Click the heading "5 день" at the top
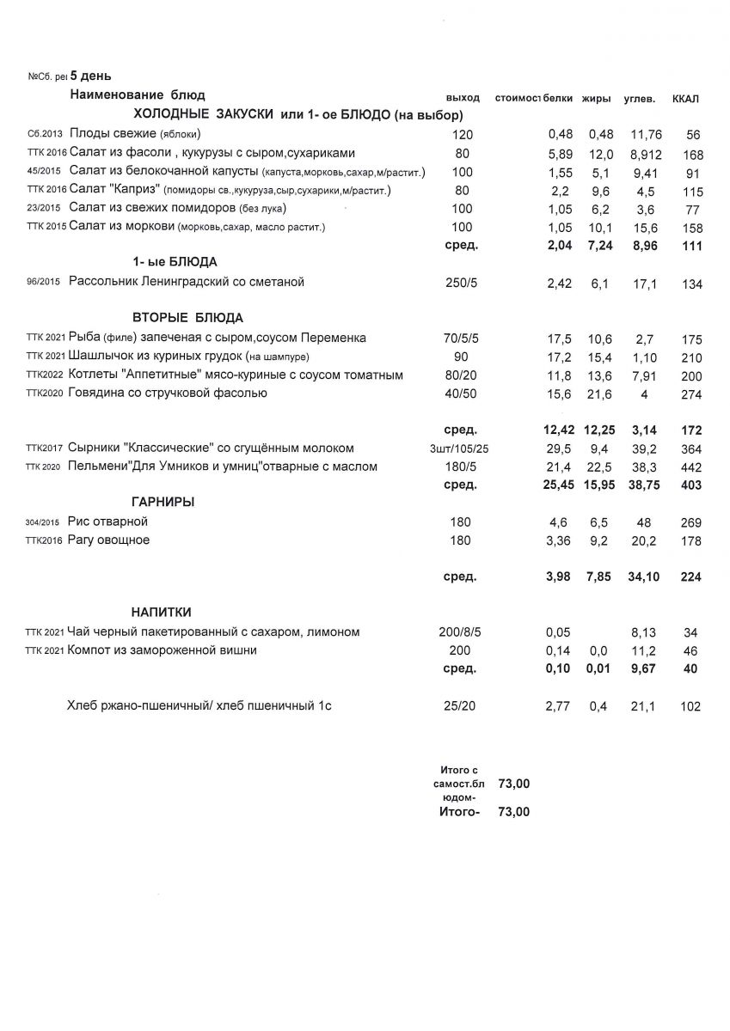tap(84, 76)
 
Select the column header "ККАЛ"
tap(685, 99)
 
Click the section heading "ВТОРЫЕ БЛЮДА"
tap(188, 317)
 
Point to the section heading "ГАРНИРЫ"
tap(163, 502)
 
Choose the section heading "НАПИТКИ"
tap(162, 612)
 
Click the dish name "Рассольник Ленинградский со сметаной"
tap(187, 282)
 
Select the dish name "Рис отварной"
tap(108, 522)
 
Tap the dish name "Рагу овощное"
tap(109, 540)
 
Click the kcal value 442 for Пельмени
tap(692, 467)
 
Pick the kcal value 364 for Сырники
tap(692, 448)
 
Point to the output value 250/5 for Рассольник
tap(462, 283)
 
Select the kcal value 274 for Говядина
tap(692, 393)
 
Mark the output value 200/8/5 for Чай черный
tap(462, 632)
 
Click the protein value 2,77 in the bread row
tap(560, 707)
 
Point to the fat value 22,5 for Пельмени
tap(599, 467)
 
